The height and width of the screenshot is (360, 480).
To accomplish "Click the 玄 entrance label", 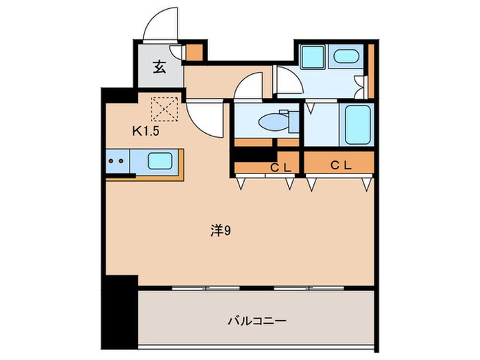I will tap(159, 67).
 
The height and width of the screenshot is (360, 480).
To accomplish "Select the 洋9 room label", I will tap(219, 231).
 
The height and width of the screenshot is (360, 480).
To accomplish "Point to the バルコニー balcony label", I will tap(256, 320).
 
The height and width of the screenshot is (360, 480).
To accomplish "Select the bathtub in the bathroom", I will tap(357, 124).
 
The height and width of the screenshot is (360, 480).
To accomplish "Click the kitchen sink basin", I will tap(160, 162).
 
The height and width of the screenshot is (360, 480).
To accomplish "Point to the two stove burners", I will tap(117, 163).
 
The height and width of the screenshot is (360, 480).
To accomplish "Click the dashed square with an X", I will tap(165, 109).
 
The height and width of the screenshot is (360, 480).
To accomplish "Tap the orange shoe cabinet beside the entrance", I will tap(195, 52).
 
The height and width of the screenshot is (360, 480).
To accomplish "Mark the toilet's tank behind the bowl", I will tap(293, 122).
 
